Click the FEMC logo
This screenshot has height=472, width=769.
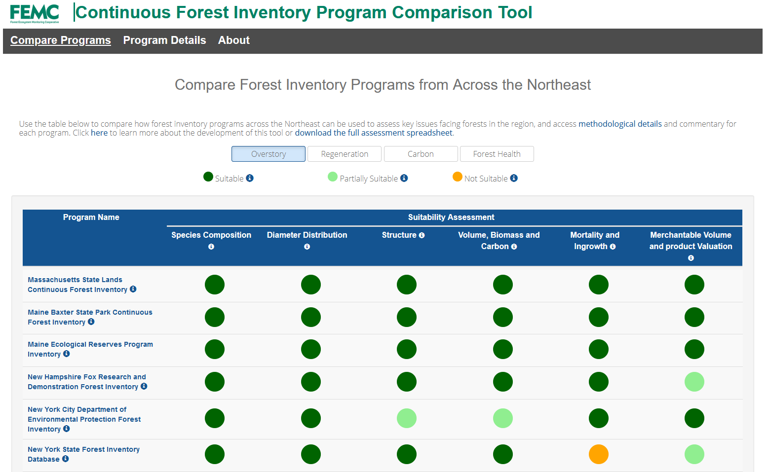tap(35, 13)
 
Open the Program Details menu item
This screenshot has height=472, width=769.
tap(164, 40)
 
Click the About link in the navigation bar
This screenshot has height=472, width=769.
tap(233, 40)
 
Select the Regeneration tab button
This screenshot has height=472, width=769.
tap(344, 154)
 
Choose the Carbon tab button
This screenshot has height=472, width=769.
tap(421, 154)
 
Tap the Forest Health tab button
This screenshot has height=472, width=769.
tap(497, 154)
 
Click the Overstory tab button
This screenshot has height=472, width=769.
tap(268, 154)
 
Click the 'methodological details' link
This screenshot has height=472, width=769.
tap(619, 124)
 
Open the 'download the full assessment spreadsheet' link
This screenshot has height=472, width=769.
tap(374, 133)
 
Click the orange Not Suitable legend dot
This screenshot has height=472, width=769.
tap(458, 177)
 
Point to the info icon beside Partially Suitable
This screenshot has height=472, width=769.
tap(404, 178)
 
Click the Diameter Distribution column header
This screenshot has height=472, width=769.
tap(307, 235)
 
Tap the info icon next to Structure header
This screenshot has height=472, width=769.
tap(422, 235)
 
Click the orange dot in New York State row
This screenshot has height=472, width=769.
tap(598, 454)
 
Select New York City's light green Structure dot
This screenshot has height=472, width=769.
tap(406, 418)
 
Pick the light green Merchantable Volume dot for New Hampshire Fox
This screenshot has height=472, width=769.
tap(694, 382)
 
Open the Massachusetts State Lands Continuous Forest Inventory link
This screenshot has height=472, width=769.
tap(77, 285)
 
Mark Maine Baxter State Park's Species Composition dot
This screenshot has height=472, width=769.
tap(215, 317)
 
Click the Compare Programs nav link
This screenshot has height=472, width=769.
tap(60, 40)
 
